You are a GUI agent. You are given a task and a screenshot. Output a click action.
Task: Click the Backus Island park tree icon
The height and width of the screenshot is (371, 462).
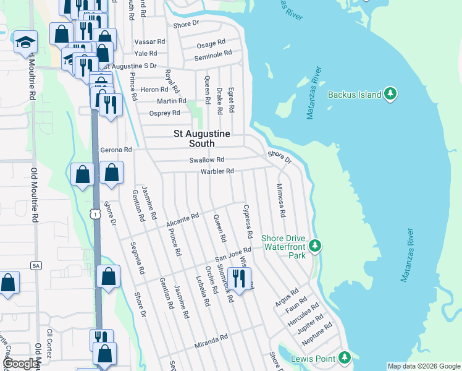click(x=390, y=95)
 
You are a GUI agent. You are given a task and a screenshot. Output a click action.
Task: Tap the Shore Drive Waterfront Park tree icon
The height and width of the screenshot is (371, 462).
click(x=315, y=246)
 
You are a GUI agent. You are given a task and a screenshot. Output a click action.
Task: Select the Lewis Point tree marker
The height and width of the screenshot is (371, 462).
click(x=345, y=358)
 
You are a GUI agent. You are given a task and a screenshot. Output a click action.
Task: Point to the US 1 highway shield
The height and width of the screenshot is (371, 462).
click(x=94, y=213)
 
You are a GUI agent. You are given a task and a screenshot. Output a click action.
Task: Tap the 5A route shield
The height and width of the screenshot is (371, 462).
click(x=36, y=265)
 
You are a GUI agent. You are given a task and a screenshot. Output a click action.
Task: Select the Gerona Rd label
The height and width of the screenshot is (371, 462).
click(x=116, y=150)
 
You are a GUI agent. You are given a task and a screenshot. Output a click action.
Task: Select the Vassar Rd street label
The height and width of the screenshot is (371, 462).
click(x=150, y=42)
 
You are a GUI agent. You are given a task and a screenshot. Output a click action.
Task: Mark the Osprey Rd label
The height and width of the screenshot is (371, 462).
click(x=165, y=113)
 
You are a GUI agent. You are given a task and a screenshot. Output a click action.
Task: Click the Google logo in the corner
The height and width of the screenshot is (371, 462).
click(x=20, y=364)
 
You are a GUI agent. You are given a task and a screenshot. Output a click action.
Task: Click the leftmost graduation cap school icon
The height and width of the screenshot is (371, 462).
click(x=25, y=42)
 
